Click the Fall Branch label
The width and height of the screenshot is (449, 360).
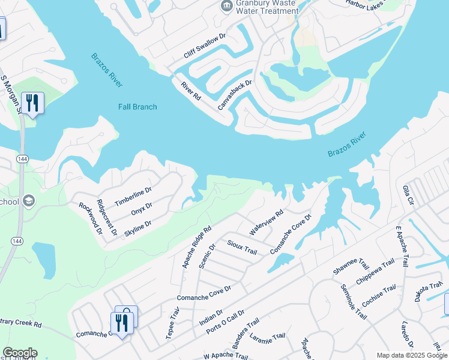137,107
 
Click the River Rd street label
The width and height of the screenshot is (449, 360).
190,91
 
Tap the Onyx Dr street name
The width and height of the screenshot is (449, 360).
142,208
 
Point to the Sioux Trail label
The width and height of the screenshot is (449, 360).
242,247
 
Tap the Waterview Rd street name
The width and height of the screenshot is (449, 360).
266,222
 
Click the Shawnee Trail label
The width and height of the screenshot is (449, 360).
351,268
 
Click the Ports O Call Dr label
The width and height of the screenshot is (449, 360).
225,323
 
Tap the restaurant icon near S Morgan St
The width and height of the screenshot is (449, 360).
32,103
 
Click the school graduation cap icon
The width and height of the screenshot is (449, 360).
28,201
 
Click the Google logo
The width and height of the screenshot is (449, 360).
20,353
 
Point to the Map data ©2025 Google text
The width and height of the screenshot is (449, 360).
411,355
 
